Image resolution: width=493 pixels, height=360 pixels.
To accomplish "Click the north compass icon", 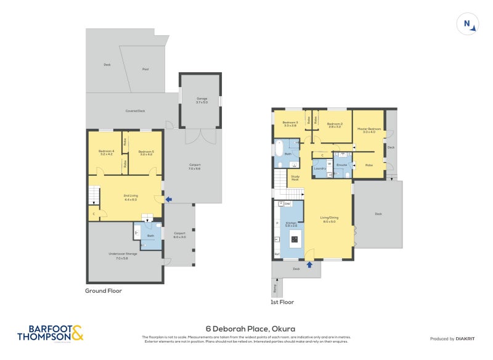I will [x=468, y=25].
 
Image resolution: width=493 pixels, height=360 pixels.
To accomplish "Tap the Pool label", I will [x=145, y=69].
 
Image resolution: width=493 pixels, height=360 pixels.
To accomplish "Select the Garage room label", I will [x=202, y=100].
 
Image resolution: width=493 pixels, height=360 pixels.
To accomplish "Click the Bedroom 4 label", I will [x=107, y=153].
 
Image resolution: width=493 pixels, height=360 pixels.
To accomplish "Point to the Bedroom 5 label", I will [x=146, y=153].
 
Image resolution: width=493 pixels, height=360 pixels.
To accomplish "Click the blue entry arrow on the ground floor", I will [x=169, y=198].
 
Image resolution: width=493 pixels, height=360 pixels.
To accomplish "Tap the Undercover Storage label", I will [x=121, y=256].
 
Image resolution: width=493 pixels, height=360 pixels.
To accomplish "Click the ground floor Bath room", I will [x=151, y=236].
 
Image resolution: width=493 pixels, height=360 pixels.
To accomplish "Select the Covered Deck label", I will [x=135, y=111].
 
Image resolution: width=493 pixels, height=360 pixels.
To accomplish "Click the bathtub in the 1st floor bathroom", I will [x=279, y=149].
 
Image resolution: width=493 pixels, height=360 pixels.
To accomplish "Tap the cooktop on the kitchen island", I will [x=295, y=240].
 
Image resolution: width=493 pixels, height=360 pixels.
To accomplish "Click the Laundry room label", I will [x=319, y=168].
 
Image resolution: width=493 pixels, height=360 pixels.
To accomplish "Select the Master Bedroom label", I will [x=370, y=130].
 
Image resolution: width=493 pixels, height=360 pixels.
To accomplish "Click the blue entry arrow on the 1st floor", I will [x=309, y=264].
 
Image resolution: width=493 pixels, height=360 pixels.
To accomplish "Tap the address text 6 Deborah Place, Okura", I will [x=246, y=329].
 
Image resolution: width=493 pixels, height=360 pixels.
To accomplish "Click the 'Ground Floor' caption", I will [x=104, y=290].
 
